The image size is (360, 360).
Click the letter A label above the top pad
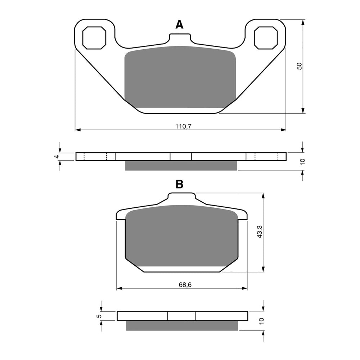(179, 24)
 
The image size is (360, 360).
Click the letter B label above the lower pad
(179, 185)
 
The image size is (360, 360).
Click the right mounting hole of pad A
(266, 37)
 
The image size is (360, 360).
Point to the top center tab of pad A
(179, 38)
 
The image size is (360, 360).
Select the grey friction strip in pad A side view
(181, 165)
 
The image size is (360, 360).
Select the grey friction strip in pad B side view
(182, 325)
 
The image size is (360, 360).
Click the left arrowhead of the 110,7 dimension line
(77, 129)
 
